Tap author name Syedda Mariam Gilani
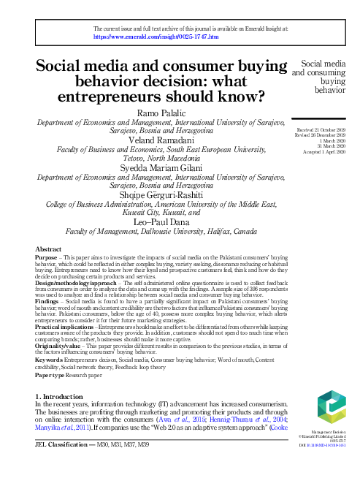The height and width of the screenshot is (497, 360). point(159,167)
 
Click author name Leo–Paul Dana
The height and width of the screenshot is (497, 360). point(159,221)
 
